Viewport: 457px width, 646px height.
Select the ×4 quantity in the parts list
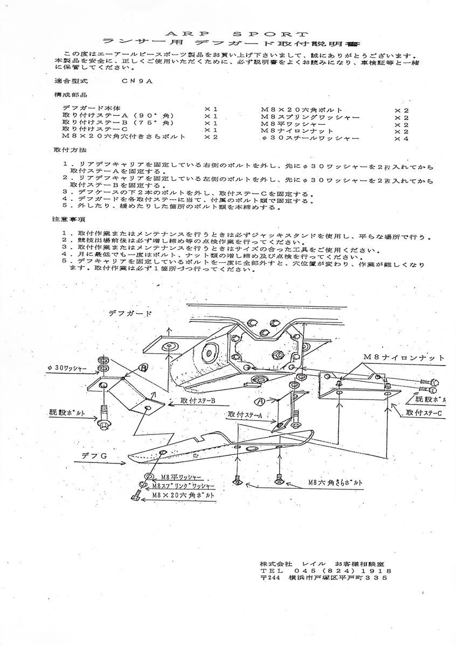[401, 138]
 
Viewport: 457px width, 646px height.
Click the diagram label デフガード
[129, 313]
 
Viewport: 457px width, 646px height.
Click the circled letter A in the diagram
[260, 401]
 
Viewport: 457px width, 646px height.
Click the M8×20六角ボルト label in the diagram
[183, 494]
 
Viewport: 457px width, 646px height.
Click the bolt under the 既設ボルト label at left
[104, 420]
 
